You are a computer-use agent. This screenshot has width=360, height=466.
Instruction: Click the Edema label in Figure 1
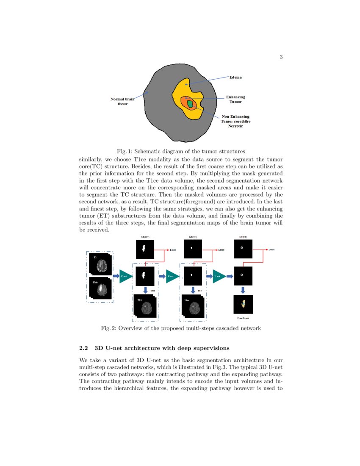coord(236,77)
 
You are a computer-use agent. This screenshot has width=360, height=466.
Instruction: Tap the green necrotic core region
coord(190,103)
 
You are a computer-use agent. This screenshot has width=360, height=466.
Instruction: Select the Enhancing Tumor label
coord(235,100)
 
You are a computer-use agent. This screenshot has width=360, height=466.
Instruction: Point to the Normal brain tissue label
coord(122,101)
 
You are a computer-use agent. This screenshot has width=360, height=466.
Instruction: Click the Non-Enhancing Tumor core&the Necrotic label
coord(235,121)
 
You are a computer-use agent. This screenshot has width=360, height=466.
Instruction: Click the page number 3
coord(281,57)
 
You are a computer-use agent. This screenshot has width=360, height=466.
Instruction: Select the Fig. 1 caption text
coord(181,151)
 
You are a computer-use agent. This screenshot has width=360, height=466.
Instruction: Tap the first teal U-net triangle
coord(125,276)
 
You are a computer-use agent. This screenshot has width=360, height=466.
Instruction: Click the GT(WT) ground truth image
coord(145,250)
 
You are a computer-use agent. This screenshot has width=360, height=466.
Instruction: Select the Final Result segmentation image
coord(243,304)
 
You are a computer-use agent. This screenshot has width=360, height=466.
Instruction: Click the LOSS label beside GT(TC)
coord(221,250)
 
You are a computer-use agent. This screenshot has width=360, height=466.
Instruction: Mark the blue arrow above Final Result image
coord(243,290)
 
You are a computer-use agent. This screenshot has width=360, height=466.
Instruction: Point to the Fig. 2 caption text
coord(181,328)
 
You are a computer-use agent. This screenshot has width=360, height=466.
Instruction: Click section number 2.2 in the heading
coord(84,348)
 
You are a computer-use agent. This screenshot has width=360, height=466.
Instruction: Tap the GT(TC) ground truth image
coord(193,249)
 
